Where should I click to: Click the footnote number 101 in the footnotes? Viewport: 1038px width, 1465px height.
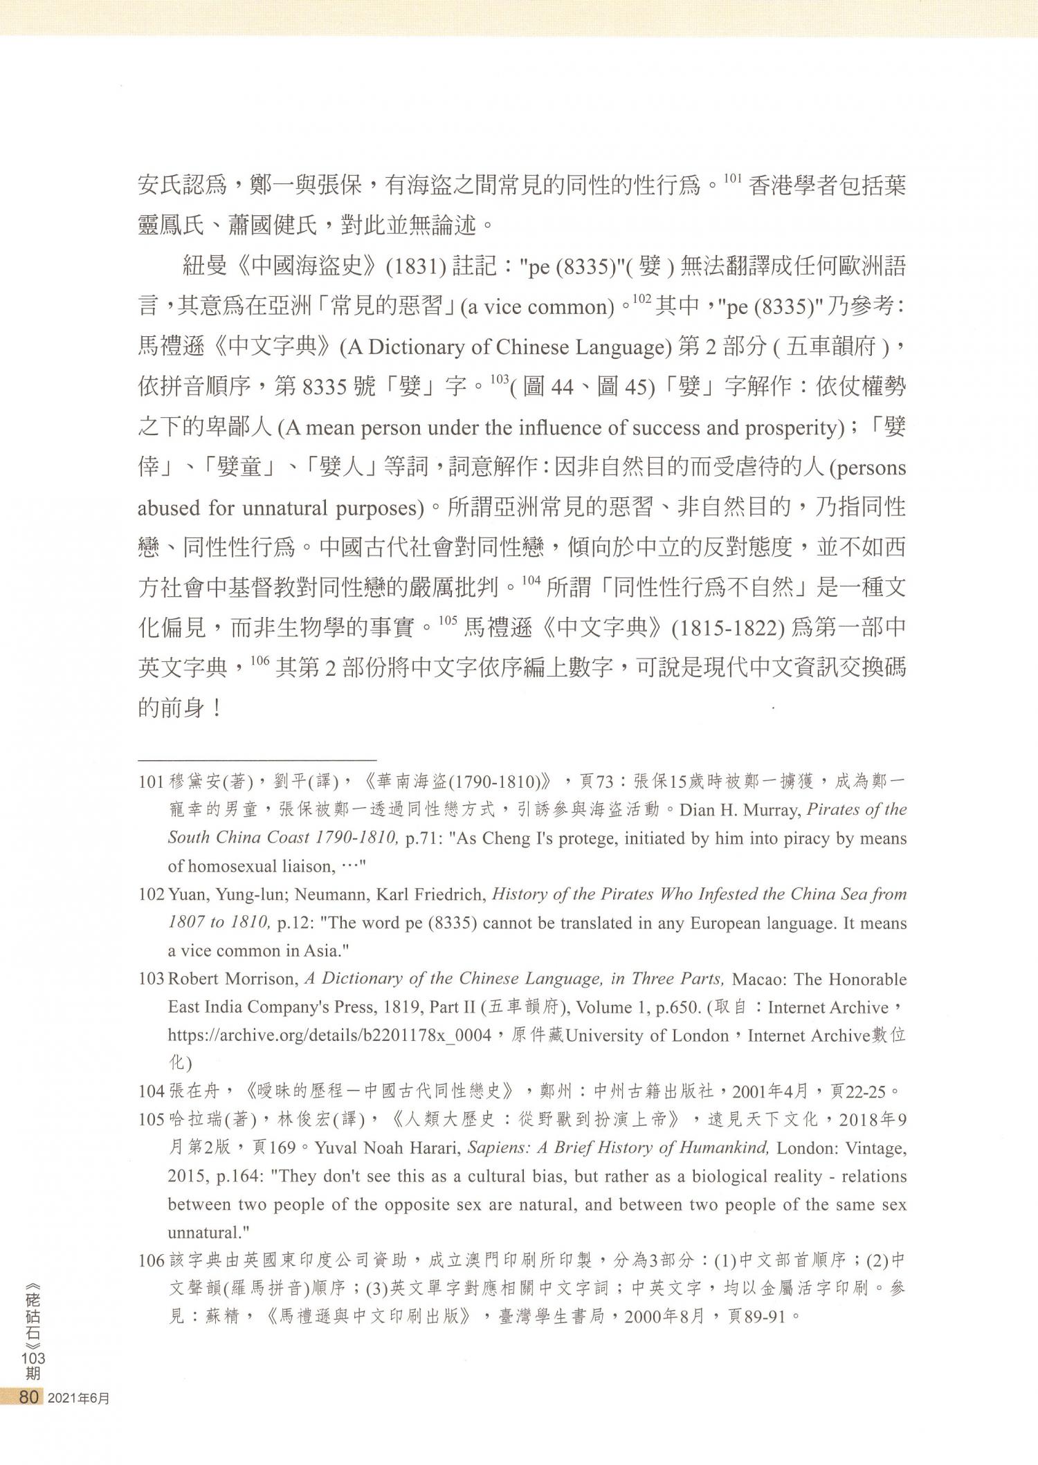pos(152,782)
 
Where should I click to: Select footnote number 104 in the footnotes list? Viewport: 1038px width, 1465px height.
pos(152,1091)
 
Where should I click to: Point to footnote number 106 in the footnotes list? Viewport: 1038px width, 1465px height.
pos(152,1260)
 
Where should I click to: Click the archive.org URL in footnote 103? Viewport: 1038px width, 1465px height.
pos(329,1035)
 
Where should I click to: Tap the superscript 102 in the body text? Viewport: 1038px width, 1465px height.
pos(641,299)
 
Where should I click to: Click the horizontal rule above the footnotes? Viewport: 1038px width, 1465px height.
pos(257,759)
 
